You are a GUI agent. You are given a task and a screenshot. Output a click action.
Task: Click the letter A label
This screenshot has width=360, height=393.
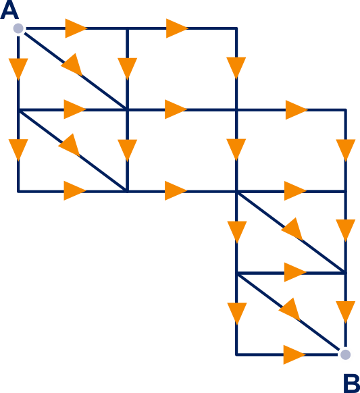click(9, 9)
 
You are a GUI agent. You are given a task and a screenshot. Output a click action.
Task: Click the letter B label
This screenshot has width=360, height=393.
click(351, 384)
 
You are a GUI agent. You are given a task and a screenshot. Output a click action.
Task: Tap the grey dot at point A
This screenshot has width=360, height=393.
click(18, 28)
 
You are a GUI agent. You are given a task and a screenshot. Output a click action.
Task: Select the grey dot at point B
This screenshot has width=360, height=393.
click(345, 355)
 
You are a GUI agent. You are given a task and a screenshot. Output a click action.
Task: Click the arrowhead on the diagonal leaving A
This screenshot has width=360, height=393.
click(72, 65)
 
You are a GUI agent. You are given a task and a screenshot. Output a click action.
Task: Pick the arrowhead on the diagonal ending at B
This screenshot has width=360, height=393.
click(290, 310)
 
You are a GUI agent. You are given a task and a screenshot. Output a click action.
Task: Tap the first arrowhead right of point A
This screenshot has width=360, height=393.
click(76, 28)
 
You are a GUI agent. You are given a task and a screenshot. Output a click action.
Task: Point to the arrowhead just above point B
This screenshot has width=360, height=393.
click(345, 312)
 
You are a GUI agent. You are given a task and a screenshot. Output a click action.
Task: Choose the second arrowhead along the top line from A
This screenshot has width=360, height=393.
click(177, 28)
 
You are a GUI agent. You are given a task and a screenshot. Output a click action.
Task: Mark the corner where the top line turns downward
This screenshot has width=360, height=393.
click(236, 28)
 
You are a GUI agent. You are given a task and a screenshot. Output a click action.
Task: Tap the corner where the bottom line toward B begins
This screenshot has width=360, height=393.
click(236, 355)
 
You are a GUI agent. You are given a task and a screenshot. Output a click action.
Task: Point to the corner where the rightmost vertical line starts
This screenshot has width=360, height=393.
click(345, 110)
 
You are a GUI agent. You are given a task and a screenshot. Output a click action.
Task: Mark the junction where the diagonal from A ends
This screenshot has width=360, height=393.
click(128, 110)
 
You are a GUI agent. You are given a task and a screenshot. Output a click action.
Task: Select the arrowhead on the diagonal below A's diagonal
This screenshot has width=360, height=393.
click(70, 145)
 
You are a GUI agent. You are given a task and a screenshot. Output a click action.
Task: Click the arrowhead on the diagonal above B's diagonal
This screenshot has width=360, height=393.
click(292, 229)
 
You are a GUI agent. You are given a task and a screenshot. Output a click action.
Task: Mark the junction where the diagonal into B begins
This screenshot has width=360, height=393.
click(236, 273)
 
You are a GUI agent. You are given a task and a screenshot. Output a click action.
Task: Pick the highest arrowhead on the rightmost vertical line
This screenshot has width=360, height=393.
click(345, 151)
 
